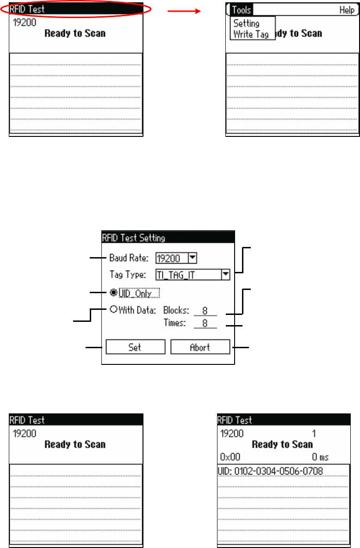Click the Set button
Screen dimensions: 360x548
click(135, 347)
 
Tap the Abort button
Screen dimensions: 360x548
click(200, 347)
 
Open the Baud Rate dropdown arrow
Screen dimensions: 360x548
click(193, 258)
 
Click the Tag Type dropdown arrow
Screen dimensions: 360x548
click(225, 275)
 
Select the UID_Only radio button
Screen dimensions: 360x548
click(113, 292)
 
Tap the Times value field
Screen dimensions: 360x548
click(205, 324)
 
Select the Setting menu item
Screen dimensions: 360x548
click(247, 23)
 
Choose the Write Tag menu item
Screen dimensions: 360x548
click(251, 34)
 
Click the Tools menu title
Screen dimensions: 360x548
click(242, 10)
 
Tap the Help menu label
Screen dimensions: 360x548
click(347, 10)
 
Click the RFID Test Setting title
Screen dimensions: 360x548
click(133, 238)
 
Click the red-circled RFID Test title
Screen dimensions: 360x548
click(28, 9)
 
